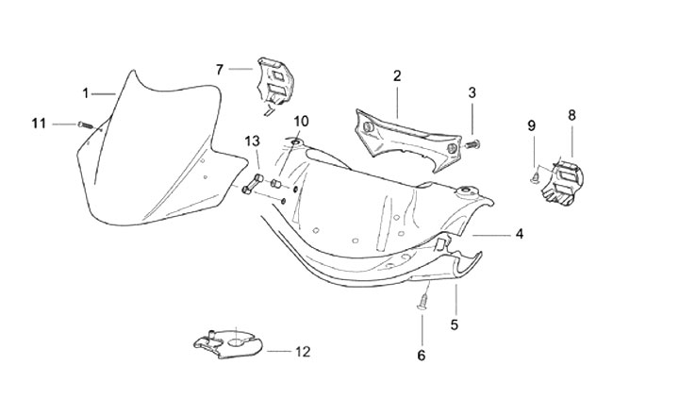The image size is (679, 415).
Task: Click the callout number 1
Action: click(x=85, y=93)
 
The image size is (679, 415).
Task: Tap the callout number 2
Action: click(x=397, y=76)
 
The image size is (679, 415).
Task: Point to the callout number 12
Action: click(x=303, y=352)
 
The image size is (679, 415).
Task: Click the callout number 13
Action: click(x=252, y=141)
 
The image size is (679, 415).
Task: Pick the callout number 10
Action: click(x=301, y=122)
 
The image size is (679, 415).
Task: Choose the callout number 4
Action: click(x=520, y=234)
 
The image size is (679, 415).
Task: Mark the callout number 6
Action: click(x=422, y=356)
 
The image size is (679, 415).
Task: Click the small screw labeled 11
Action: click(x=86, y=125)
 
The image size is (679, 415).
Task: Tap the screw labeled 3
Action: click(x=474, y=142)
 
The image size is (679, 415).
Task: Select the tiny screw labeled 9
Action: click(x=535, y=176)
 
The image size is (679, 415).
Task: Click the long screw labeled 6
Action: click(x=423, y=301)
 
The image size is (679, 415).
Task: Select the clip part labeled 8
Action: click(x=563, y=181)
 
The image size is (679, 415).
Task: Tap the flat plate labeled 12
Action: click(x=227, y=343)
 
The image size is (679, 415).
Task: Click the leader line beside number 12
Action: click(x=279, y=351)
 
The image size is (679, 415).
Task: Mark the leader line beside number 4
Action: click(x=491, y=235)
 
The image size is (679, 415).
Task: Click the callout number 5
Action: click(x=455, y=324)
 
